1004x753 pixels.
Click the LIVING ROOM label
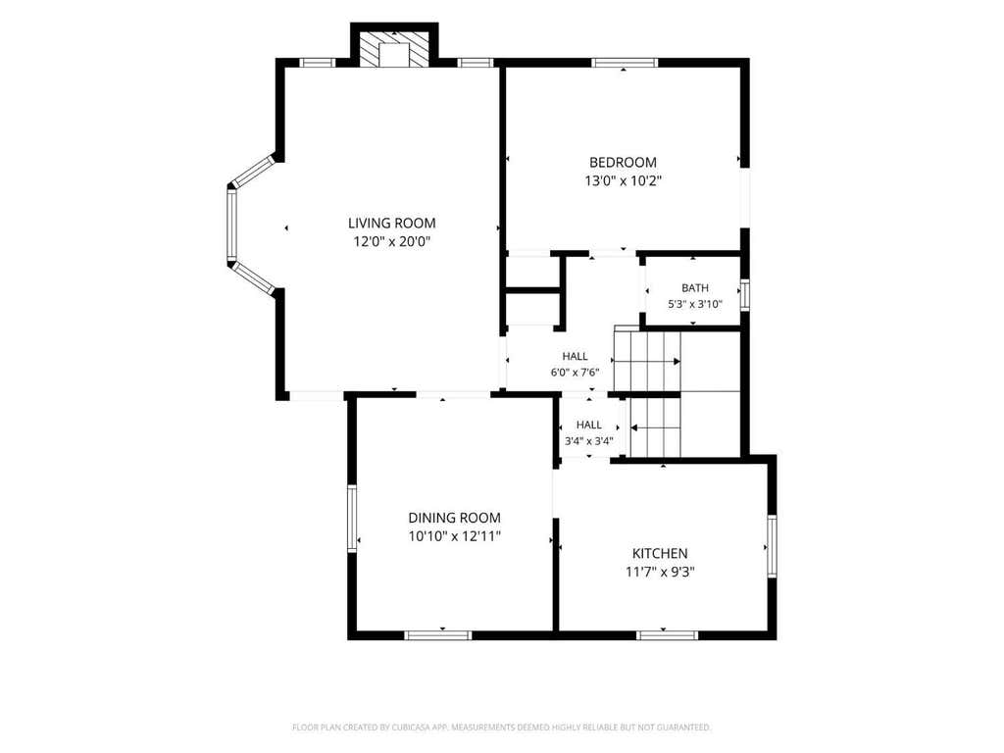point(392,223)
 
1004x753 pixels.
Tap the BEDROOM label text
point(623,163)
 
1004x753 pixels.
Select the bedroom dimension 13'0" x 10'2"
point(623,181)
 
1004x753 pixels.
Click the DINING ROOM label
point(455,518)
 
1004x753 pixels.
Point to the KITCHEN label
point(660,553)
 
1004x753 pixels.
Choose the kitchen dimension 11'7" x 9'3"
point(660,572)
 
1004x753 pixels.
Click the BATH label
point(695,288)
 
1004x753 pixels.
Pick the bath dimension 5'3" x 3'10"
point(695,305)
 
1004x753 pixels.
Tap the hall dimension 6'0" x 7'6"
point(575,372)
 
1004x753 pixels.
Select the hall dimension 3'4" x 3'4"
point(589,441)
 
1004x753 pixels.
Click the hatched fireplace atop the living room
point(394,47)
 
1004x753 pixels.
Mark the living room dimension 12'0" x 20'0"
point(392,242)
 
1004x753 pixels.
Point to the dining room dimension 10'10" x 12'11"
point(455,536)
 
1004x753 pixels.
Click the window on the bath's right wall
point(745,294)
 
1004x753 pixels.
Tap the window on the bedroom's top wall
point(625,63)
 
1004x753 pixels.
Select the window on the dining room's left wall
point(352,518)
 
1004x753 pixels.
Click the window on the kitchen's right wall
point(773,546)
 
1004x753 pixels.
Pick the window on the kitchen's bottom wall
point(667,635)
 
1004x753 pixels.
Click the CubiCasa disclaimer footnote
point(501,728)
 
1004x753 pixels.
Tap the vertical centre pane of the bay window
point(231,225)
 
